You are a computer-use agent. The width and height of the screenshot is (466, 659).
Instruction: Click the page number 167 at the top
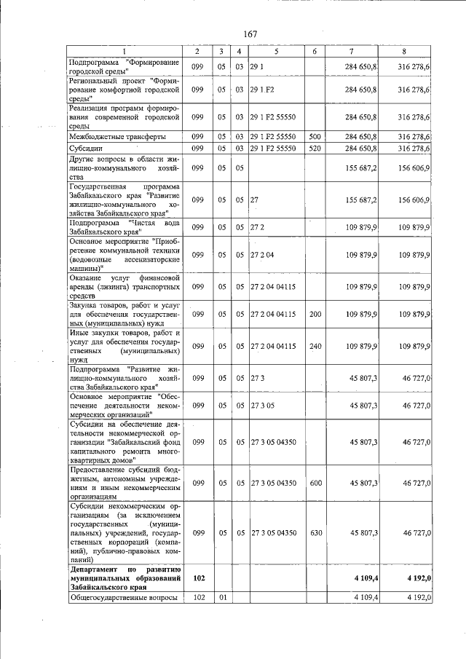(250, 35)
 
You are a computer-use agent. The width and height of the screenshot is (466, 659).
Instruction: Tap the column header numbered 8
(405, 51)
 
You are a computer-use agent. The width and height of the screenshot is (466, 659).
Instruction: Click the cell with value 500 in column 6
(315, 136)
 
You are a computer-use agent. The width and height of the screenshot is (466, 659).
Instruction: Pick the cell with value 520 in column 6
(315, 149)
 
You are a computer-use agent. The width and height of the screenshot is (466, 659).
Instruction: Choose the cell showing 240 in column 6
(315, 346)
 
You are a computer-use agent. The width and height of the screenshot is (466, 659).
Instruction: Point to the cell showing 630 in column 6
(315, 533)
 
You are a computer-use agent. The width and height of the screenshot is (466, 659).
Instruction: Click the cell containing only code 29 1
(256, 67)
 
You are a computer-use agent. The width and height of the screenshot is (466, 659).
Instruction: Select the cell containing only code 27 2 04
(262, 255)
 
